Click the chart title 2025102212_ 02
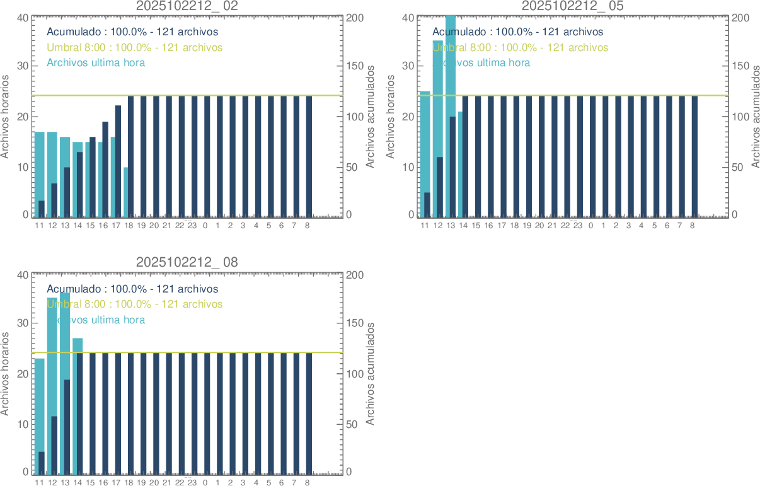coord(187,6)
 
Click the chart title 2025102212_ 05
coord(572,6)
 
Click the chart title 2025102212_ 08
coord(187,262)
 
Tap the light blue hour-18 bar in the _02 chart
coord(126,192)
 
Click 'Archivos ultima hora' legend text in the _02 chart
coord(96,63)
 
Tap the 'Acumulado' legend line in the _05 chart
coord(517,32)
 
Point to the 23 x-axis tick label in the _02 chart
coord(192,225)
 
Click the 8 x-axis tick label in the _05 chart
coord(693,225)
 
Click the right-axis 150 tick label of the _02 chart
coord(354,66)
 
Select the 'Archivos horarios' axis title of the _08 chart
coord(6,374)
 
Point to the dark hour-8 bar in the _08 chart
coord(308,413)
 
